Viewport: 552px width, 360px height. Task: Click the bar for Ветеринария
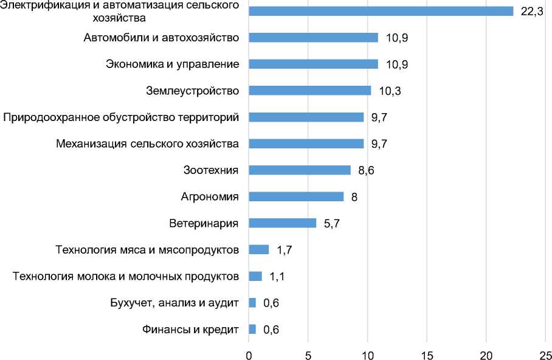pyautogui.click(x=282, y=223)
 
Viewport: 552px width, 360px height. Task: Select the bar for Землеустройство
pyautogui.click(x=309, y=91)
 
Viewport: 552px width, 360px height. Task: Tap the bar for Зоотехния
pyautogui.click(x=299, y=170)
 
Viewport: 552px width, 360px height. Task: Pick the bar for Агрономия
pyautogui.click(x=296, y=196)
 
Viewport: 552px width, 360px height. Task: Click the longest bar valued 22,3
pyautogui.click(x=381, y=11)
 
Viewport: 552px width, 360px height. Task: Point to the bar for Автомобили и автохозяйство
pyautogui.click(x=313, y=38)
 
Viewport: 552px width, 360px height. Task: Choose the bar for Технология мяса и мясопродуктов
pyautogui.click(x=258, y=249)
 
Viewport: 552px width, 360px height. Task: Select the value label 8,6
pyautogui.click(x=366, y=171)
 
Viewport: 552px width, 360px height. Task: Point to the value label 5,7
pyautogui.click(x=331, y=224)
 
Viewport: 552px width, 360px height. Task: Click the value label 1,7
pyautogui.click(x=283, y=250)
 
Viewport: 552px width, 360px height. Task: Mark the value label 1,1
pyautogui.click(x=277, y=277)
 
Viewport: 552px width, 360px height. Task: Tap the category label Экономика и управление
pyautogui.click(x=172, y=64)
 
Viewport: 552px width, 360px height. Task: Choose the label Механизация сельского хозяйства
pyautogui.click(x=147, y=144)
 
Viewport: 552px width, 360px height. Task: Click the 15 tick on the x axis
pyautogui.click(x=427, y=353)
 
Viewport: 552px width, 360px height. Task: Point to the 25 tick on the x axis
pyautogui.click(x=545, y=353)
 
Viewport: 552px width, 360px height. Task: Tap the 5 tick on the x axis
pyautogui.click(x=308, y=353)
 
